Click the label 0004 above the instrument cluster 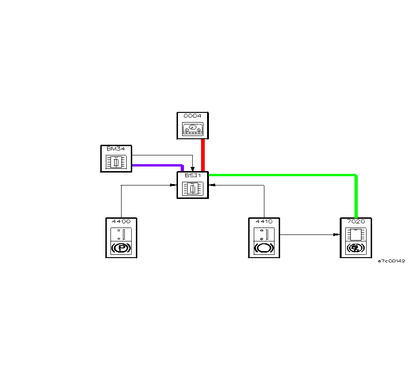192,116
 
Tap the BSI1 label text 192,175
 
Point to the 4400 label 121,221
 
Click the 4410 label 263,221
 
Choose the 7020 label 356,221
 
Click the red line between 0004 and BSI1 203,155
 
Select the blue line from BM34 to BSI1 157,165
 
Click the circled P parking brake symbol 121,248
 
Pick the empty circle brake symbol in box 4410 263,248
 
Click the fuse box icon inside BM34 116,162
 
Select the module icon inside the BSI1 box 192,188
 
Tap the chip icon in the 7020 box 356,234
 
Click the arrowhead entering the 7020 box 336,234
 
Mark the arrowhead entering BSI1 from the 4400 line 173,185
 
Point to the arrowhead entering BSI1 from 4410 212,185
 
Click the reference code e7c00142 391,261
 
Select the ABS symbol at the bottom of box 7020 356,248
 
